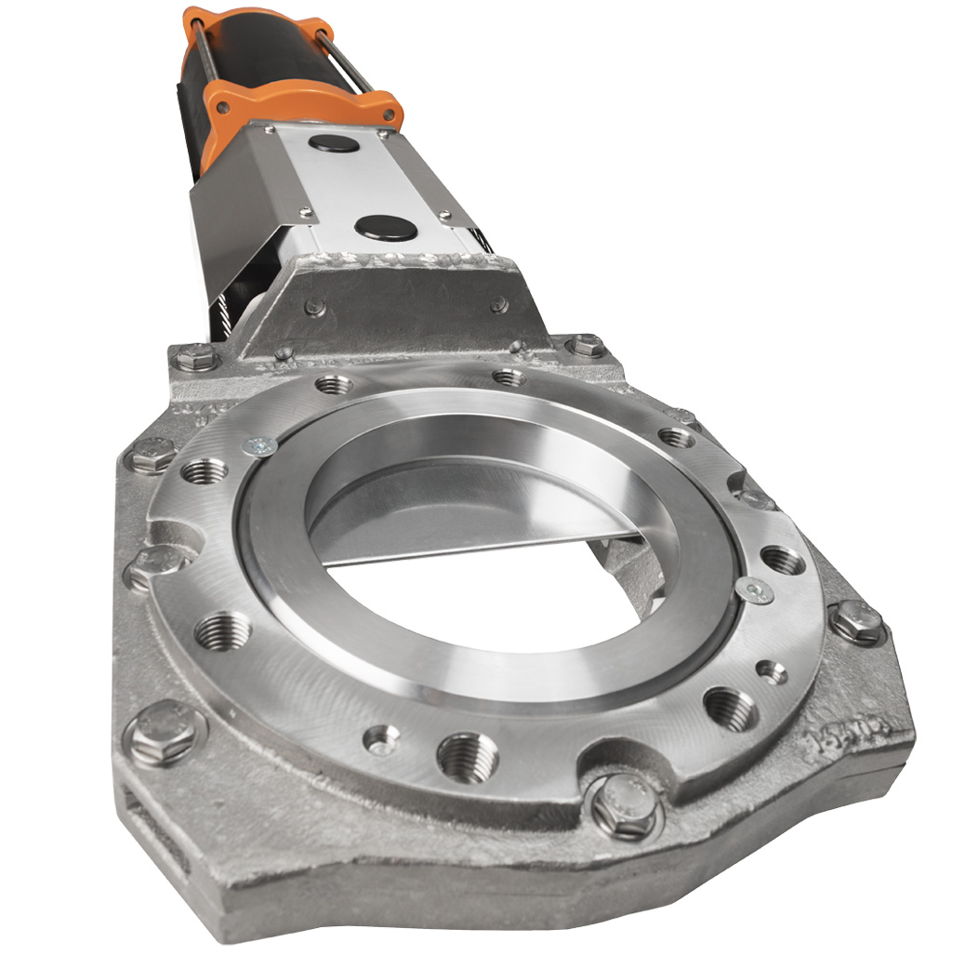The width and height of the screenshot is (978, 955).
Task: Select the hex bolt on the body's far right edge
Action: coord(856,620)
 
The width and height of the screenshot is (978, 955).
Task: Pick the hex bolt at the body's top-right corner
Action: coord(587,347)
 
